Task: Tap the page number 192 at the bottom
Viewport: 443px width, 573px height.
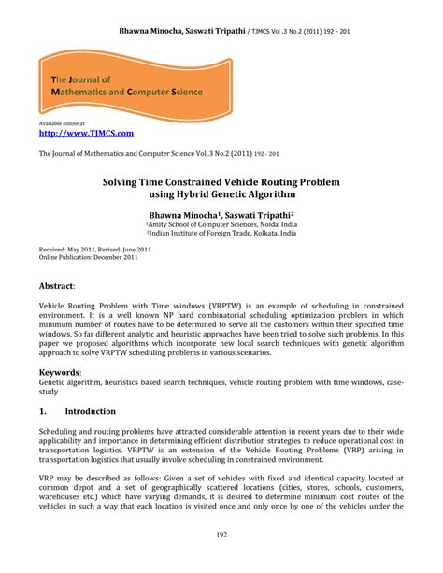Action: [x=221, y=535]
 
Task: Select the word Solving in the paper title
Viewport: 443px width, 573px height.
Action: [x=129, y=179]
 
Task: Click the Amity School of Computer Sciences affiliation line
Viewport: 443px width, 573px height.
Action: [x=221, y=224]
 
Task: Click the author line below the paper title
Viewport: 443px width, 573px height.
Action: [x=221, y=214]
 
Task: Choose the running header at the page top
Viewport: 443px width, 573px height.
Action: [x=221, y=31]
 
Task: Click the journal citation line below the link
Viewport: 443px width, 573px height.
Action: [x=159, y=153]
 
